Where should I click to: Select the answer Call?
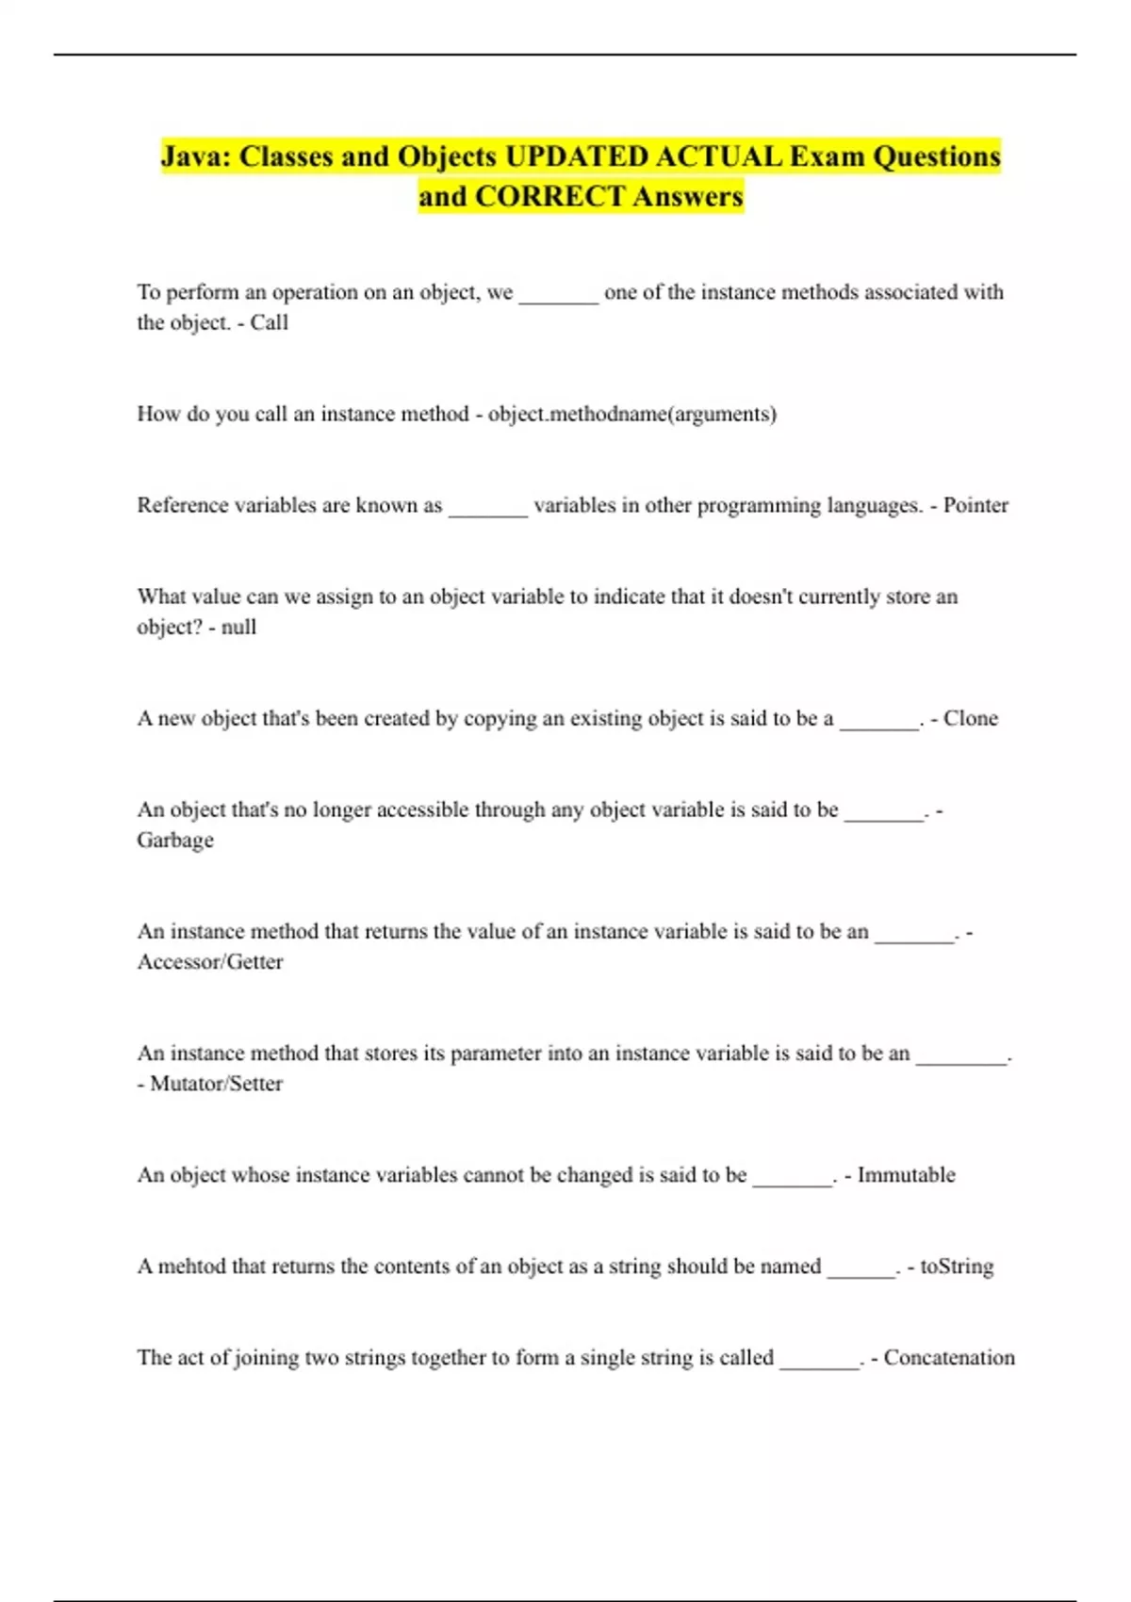coord(270,322)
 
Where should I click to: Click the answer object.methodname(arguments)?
coord(632,414)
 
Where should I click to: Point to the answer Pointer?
coord(975,505)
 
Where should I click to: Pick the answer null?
coord(238,627)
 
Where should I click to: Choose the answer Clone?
coord(970,718)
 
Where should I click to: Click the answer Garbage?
coord(175,840)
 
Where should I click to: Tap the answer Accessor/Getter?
coord(210,961)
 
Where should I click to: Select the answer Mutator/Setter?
coord(217,1083)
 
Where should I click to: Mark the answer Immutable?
coord(906,1174)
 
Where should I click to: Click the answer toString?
coord(957,1266)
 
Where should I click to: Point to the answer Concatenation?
coord(949,1357)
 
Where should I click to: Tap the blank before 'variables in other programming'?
coord(487,510)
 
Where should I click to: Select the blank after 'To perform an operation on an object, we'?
coord(559,297)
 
